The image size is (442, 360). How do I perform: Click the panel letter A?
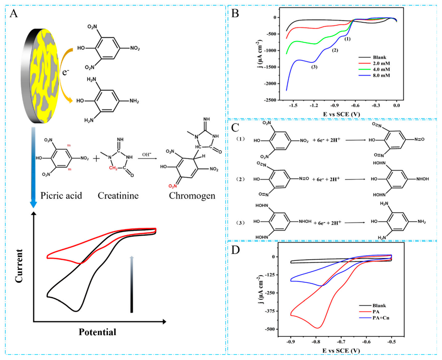coord(14,13)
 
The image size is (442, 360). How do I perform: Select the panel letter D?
coord(236,251)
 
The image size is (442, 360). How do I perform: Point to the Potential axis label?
coord(97,332)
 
